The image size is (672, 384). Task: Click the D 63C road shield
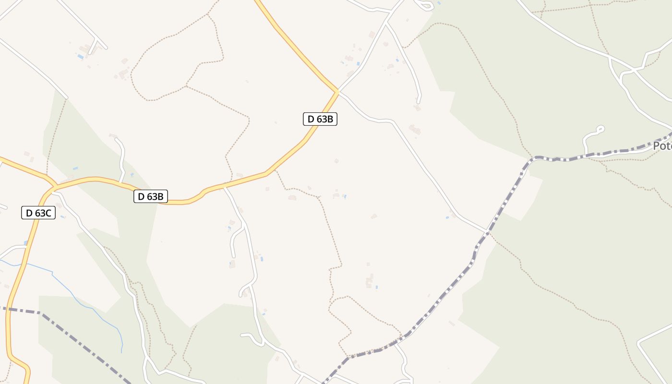tap(38, 213)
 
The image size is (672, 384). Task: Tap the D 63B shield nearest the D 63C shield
tap(151, 196)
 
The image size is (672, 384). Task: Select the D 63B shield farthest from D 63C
tap(320, 119)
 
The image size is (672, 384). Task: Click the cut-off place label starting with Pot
tap(662, 145)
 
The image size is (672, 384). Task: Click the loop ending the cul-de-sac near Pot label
tap(600, 129)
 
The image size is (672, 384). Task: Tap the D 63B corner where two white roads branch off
tap(338, 91)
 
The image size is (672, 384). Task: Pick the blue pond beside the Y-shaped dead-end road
tap(80, 57)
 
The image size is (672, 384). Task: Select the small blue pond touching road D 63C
tap(26, 243)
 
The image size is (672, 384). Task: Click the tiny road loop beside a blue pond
tap(425, 5)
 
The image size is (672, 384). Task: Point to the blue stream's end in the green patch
tap(121, 352)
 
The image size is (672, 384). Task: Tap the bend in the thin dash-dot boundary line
tap(42, 314)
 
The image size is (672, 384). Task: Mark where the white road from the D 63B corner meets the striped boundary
tap(487, 232)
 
